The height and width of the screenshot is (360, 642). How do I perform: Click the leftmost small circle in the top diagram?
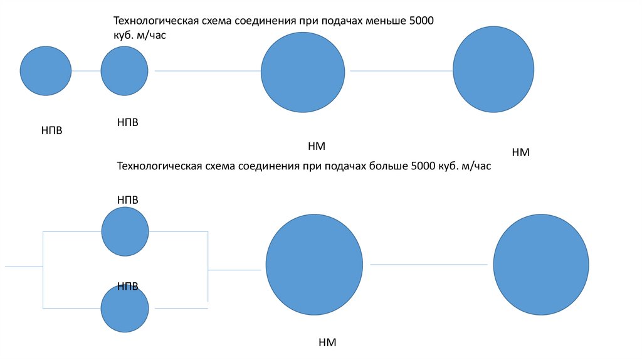(x=46, y=70)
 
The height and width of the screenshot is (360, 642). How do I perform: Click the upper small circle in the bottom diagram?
(x=125, y=231)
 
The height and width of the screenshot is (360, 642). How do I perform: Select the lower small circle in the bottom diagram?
(x=125, y=308)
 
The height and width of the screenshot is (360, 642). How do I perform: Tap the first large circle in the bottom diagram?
(x=314, y=264)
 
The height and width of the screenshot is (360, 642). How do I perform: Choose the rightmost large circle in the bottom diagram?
(x=540, y=264)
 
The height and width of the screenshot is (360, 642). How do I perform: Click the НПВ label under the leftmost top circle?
(x=52, y=130)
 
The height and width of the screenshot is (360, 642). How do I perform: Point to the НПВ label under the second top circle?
(x=127, y=122)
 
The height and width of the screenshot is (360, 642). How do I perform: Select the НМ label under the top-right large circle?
(x=520, y=152)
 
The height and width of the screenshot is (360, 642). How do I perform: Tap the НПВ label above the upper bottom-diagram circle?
(x=127, y=199)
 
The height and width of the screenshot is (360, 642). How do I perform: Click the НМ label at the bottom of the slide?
(x=327, y=342)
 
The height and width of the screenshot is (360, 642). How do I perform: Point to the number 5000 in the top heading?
(x=421, y=22)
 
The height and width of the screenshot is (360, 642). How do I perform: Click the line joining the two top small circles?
(x=86, y=71)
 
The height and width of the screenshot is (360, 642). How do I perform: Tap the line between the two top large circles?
(x=401, y=71)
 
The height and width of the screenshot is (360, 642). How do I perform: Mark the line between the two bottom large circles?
(x=428, y=265)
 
